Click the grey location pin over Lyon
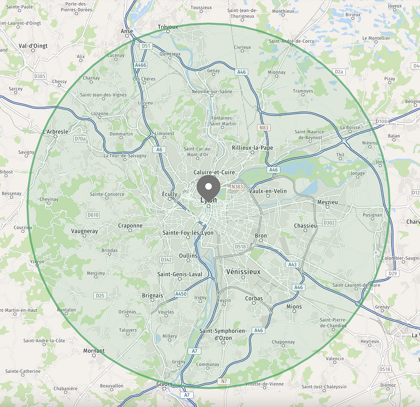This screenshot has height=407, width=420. (x=208, y=187)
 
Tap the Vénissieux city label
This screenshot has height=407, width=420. (x=243, y=272)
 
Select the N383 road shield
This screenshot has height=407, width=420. (x=237, y=186)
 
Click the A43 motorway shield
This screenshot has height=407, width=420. (x=292, y=264)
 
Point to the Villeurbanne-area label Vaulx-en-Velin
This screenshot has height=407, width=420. (x=268, y=191)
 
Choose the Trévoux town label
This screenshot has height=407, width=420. (x=168, y=27)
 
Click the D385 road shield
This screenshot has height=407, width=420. (x=40, y=76)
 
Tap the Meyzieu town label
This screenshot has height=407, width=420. (x=327, y=202)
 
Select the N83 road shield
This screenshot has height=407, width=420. (x=264, y=128)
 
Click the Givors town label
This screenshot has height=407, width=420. (x=164, y=384)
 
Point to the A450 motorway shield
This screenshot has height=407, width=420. (x=181, y=294)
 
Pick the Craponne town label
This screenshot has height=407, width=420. (x=130, y=225)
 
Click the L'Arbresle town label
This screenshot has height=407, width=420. (x=55, y=131)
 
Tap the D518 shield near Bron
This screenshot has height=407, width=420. (x=240, y=246)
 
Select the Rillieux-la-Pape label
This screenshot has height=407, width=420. (x=252, y=148)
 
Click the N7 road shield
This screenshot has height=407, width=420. (x=224, y=381)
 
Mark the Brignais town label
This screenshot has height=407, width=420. (x=152, y=295)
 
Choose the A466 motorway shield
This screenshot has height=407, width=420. (x=140, y=65)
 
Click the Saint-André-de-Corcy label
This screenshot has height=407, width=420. (x=291, y=41)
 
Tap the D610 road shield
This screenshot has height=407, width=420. (x=93, y=215)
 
